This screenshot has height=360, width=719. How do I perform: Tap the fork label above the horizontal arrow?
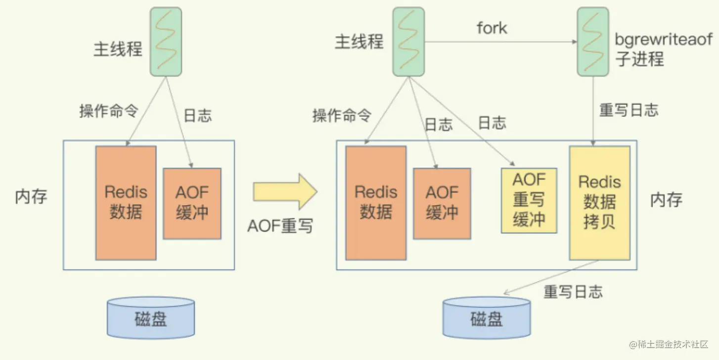[x=492, y=28]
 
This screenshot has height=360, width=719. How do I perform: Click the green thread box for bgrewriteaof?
[x=593, y=42]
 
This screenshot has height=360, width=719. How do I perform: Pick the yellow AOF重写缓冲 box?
[x=529, y=200]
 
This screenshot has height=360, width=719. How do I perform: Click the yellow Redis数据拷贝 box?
[x=599, y=202]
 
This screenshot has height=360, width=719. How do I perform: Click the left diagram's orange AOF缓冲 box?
[x=192, y=203]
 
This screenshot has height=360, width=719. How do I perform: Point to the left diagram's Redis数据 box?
[x=126, y=202]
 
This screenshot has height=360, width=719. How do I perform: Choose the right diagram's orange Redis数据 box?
[x=376, y=202]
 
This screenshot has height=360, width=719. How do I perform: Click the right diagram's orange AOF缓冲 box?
[x=442, y=203]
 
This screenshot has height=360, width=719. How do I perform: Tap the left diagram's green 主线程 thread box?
[x=166, y=42]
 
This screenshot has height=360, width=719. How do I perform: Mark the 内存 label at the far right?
[x=666, y=200]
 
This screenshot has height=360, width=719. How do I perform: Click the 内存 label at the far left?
[x=31, y=196]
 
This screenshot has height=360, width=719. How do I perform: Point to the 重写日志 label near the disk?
[x=573, y=291]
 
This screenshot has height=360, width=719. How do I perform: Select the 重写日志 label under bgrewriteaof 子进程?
[x=629, y=110]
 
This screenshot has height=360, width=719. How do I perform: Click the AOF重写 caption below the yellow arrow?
[x=280, y=226]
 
